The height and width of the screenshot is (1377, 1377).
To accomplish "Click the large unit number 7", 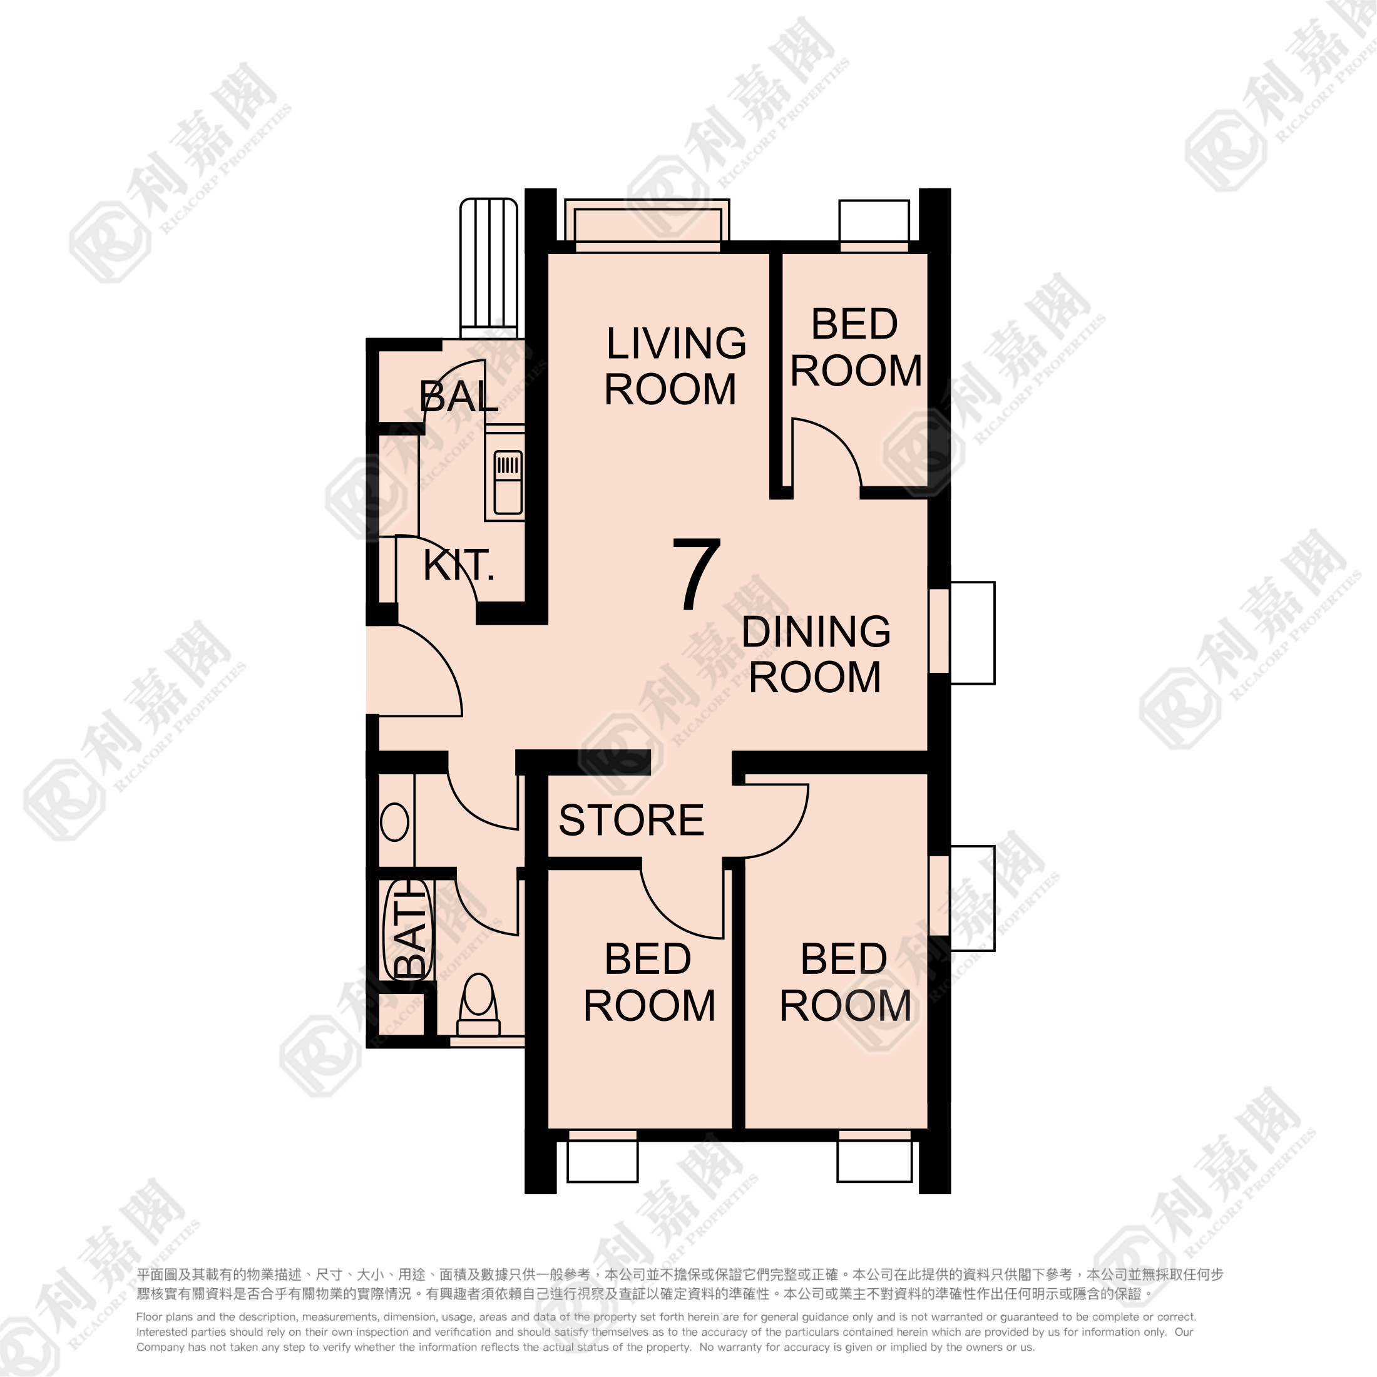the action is pos(697,575).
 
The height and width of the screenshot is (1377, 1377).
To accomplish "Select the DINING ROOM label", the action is pos(816,653).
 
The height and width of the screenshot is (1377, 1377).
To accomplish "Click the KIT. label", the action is pos(458,565).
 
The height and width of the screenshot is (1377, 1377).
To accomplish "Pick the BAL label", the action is pos(458,396).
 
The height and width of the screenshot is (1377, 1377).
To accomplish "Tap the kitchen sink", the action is pos(508,482).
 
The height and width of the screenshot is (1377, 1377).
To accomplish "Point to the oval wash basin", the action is pos(394,822).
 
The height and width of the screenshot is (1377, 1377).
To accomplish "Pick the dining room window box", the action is pos(971,633).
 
